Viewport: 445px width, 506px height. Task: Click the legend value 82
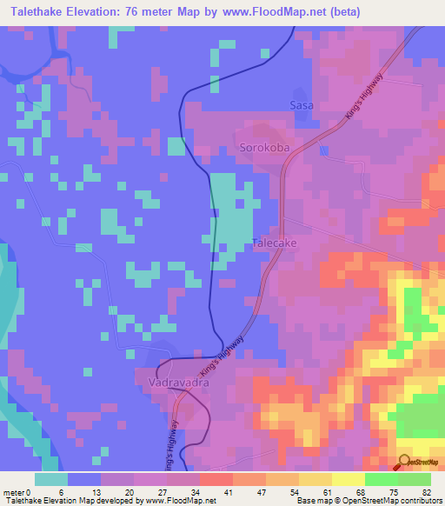coord(425,492)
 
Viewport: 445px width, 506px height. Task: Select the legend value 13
coord(109,492)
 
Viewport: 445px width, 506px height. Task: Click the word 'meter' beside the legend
coord(14,492)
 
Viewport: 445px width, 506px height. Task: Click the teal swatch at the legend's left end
coord(51,479)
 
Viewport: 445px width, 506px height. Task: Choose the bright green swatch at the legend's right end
coord(415,479)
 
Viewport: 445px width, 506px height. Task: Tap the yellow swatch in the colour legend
coord(348,479)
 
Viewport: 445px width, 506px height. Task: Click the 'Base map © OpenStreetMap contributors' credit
coord(364,501)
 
